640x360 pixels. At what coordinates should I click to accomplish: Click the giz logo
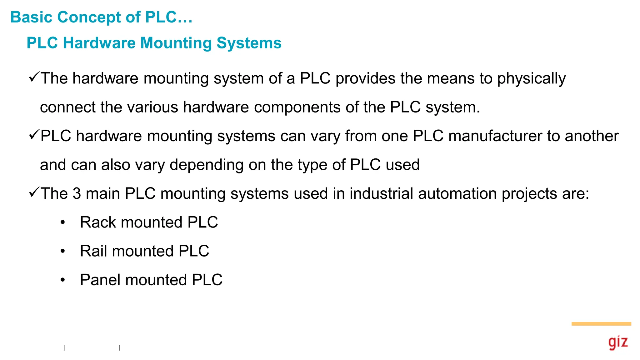(x=618, y=342)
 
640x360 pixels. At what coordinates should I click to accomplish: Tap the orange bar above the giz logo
(x=601, y=324)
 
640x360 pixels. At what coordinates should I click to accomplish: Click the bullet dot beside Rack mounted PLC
(x=63, y=222)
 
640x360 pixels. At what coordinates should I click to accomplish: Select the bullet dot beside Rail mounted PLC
(x=63, y=251)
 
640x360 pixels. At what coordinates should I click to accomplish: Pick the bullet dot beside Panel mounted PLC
(x=63, y=280)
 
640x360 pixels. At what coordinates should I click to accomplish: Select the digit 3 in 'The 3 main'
(x=77, y=193)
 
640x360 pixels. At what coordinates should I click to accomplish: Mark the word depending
(x=207, y=165)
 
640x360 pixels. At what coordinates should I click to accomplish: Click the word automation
(x=457, y=193)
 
